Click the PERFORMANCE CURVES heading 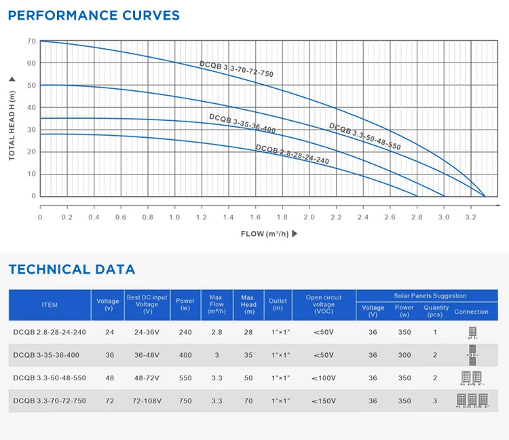94,15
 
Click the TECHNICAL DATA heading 72,270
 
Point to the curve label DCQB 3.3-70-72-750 236,69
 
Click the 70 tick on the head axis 31,41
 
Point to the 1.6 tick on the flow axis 254,217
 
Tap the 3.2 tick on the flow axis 471,217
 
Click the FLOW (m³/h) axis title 269,234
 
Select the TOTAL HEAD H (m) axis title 12,118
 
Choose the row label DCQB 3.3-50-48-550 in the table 50,378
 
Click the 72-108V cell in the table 147,401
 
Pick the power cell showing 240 185,333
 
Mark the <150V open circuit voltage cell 324,401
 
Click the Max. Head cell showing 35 248,355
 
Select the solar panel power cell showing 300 405,355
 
